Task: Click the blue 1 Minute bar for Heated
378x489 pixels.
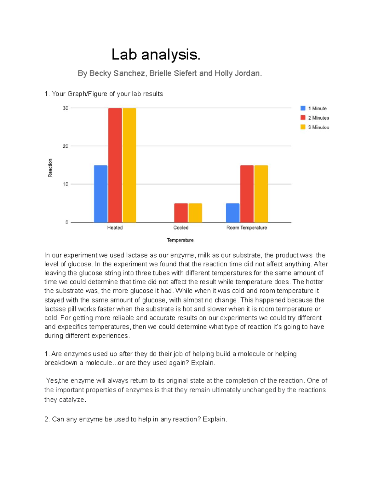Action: coord(100,194)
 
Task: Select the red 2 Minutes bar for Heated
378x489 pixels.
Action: coord(115,165)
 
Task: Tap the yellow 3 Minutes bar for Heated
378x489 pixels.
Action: coord(129,165)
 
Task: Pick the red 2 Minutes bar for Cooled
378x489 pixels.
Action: coord(181,213)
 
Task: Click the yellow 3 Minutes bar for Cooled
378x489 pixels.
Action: coord(195,213)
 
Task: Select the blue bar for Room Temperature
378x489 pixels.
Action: coord(232,213)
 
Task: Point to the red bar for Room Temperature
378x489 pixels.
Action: coord(247,194)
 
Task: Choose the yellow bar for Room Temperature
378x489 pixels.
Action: coord(261,194)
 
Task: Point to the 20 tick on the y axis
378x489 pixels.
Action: coord(66,146)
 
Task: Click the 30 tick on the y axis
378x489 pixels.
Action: coord(66,108)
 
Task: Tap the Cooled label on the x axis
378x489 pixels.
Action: coord(181,228)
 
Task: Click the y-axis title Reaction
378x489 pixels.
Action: coord(50,168)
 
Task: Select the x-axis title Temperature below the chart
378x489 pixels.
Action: coord(180,240)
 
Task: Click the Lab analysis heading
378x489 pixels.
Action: coord(156,55)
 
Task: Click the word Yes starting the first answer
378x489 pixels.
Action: coord(52,381)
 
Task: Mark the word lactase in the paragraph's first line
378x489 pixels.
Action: coord(137,255)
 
